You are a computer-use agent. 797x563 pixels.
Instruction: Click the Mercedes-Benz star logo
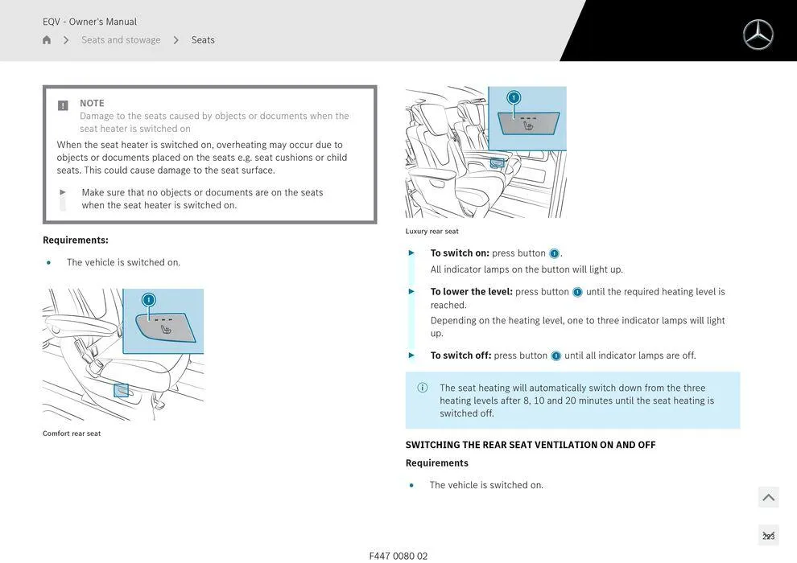point(758,35)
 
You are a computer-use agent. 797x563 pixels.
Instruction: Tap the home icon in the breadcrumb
point(47,40)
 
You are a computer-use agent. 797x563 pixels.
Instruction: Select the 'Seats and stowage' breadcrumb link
point(121,40)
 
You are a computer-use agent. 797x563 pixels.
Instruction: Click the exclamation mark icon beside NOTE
point(63,105)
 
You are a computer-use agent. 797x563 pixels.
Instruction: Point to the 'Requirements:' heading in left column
point(76,240)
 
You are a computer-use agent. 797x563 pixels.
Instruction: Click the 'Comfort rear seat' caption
point(72,434)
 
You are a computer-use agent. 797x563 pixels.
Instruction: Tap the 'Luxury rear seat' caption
point(432,232)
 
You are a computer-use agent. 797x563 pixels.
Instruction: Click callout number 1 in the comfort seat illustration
point(148,300)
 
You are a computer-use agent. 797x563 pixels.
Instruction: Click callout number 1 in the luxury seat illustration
point(514,97)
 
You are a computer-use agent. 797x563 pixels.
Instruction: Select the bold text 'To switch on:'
point(460,253)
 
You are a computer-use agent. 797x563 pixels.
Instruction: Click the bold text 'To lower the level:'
point(471,292)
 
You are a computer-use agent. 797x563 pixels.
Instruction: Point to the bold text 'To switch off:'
point(460,355)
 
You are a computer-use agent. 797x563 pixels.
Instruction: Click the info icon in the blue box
point(423,388)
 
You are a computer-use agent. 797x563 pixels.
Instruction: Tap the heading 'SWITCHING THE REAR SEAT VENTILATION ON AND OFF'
point(531,445)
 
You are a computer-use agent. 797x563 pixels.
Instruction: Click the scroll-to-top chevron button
point(768,498)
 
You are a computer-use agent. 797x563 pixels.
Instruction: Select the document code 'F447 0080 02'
point(398,556)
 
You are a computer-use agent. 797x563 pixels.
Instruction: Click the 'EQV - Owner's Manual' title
point(89,22)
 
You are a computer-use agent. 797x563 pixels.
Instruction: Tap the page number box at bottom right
point(768,536)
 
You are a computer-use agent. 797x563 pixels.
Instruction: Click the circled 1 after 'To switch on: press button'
point(554,254)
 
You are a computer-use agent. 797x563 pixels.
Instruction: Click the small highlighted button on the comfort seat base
point(121,390)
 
